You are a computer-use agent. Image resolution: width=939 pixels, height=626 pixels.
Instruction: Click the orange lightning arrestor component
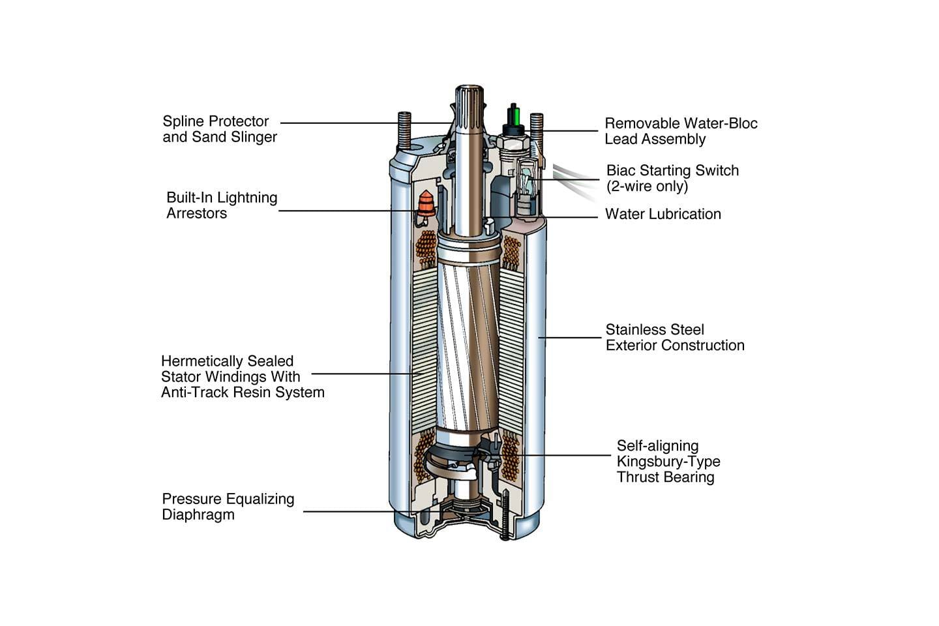point(426,203)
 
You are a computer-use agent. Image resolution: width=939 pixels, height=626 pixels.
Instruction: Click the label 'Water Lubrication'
point(663,214)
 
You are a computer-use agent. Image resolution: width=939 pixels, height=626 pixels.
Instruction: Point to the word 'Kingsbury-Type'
point(668,462)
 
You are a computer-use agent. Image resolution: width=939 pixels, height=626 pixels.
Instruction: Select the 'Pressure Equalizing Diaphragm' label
point(228,507)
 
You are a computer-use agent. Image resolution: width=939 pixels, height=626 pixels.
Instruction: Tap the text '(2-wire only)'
point(647,186)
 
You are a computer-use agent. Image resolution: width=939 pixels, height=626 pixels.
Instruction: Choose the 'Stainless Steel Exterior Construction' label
point(674,338)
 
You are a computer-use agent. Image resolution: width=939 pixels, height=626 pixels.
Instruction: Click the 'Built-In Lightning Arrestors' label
point(222,205)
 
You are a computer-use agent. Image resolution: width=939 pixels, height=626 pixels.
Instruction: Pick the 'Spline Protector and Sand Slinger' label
point(219,129)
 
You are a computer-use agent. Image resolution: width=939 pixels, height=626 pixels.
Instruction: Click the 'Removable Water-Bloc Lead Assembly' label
point(680,131)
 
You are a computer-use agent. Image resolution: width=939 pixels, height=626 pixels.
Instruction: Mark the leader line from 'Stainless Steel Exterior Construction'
point(571,338)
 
